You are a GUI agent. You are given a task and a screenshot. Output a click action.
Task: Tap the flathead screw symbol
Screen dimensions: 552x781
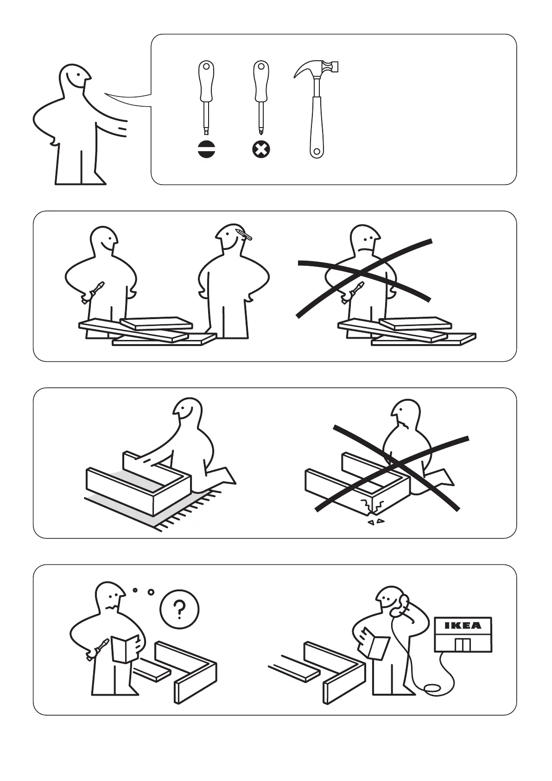point(206,150)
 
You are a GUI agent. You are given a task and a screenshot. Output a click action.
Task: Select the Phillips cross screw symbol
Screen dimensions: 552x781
point(261,150)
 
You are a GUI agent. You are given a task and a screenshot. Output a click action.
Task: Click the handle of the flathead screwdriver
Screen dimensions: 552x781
point(206,81)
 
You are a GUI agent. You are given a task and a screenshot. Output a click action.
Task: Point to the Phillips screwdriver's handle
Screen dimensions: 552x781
point(261,81)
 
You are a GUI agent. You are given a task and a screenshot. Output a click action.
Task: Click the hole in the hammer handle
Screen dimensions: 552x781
point(317,152)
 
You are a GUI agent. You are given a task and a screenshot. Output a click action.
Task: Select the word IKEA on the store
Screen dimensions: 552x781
point(463,626)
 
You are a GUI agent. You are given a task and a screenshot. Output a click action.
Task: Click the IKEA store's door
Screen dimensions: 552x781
point(463,645)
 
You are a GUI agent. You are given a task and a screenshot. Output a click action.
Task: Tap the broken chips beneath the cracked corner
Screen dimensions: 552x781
point(376,522)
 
